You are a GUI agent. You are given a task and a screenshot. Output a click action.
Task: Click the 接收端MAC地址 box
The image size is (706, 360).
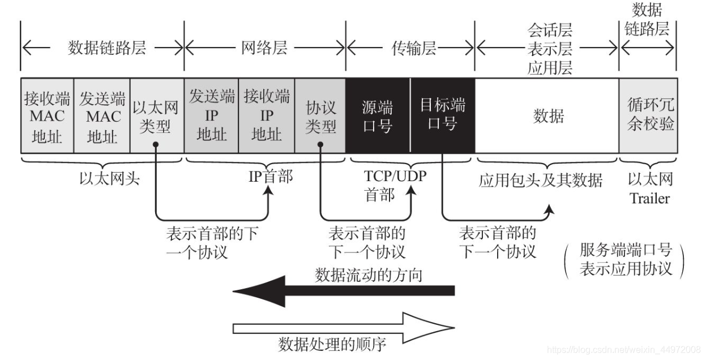pyautogui.click(x=47, y=117)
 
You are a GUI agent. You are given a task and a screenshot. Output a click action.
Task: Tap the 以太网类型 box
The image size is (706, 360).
pyautogui.click(x=156, y=117)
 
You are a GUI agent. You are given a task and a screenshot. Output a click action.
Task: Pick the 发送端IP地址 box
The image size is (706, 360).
pyautogui.click(x=212, y=117)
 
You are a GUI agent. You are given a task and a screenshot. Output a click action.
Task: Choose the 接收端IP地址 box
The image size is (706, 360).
pyautogui.click(x=266, y=117)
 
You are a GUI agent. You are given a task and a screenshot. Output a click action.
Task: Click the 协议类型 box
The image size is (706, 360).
pyautogui.click(x=320, y=117)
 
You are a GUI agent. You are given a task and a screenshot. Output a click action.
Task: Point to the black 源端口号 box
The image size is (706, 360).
pyautogui.click(x=378, y=117)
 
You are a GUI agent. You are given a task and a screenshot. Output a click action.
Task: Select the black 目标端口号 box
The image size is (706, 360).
pyautogui.click(x=443, y=117)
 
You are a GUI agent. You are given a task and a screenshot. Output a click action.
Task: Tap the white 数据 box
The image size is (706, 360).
pyautogui.click(x=547, y=117)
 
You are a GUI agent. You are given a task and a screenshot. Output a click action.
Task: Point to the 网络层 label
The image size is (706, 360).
pyautogui.click(x=264, y=48)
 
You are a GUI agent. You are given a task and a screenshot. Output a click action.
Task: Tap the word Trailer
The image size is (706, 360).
pyautogui.click(x=650, y=198)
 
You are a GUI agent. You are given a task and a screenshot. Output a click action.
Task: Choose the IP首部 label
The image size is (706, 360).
pyautogui.click(x=271, y=177)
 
